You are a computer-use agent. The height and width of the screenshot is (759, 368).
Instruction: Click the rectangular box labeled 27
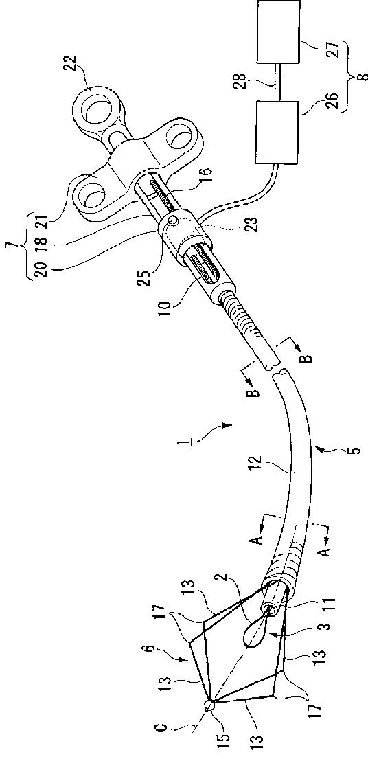tap(279, 32)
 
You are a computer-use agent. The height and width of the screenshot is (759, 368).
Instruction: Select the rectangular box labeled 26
tap(277, 132)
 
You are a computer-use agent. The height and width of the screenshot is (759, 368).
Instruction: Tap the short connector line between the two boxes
tap(277, 82)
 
